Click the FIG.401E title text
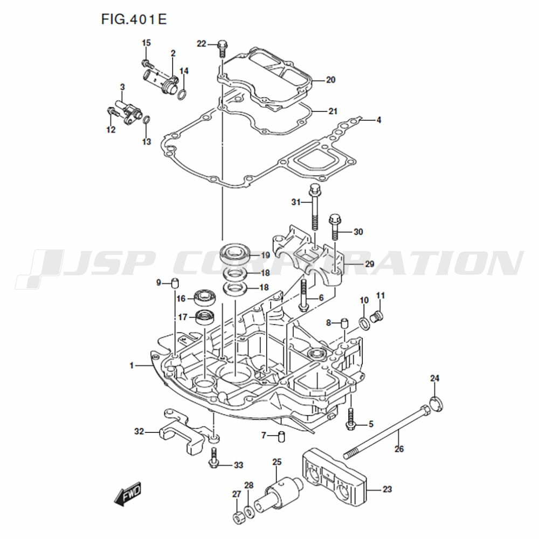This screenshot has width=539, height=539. pos(134,19)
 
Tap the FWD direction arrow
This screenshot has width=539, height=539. pos(128,494)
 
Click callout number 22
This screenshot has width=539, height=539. pos(201,44)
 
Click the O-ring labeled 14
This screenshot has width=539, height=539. pos(183,94)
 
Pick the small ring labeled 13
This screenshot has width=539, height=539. pos(146,120)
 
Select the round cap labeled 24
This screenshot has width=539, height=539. pos(436,404)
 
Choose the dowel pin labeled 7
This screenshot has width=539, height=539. pos(281,437)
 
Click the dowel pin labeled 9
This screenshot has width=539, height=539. pos(176,284)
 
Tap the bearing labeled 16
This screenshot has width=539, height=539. pos(205,298)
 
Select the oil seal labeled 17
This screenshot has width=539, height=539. pos(205,317)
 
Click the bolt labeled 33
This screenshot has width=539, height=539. pos(214,458)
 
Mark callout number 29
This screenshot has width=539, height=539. pos(369,264)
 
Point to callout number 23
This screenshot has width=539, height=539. pos(387,489)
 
